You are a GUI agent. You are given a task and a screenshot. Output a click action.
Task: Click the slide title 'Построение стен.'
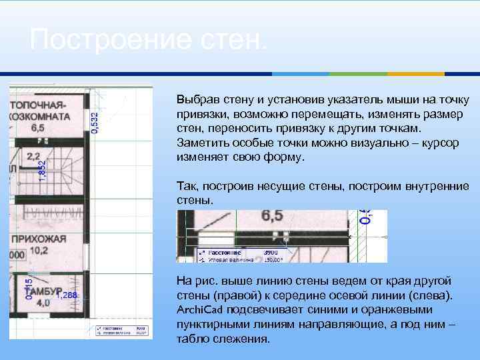[148, 41]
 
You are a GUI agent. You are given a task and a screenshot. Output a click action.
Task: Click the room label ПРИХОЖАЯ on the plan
[37, 239]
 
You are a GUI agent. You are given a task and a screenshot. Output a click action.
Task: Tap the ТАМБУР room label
[33, 291]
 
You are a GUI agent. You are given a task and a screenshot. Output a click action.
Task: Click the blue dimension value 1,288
[67, 295]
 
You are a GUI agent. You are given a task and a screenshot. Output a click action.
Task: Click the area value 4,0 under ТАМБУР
[43, 303]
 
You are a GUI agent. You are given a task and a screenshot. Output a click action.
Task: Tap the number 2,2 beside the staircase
[33, 157]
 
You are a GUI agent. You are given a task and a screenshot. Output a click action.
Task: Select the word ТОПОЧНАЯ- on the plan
[38, 105]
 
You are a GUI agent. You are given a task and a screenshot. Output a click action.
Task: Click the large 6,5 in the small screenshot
[272, 215]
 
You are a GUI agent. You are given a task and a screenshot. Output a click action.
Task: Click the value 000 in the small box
[16, 255]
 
